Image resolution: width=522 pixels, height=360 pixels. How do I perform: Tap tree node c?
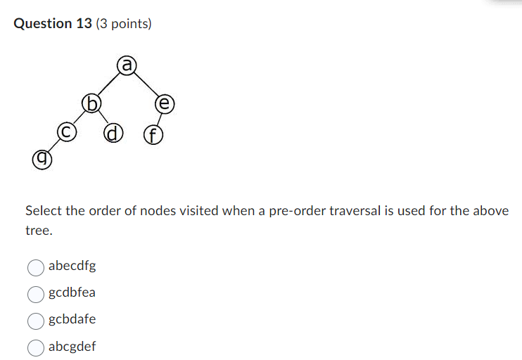[x=66, y=131]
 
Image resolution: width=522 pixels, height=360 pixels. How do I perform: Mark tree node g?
[x=42, y=160]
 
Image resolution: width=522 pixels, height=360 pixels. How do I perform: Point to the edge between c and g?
[x=53, y=146]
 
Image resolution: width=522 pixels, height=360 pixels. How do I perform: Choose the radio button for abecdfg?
[x=36, y=266]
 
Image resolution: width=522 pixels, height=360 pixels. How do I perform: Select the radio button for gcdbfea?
[x=36, y=293]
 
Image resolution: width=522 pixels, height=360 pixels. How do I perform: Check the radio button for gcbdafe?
[x=36, y=320]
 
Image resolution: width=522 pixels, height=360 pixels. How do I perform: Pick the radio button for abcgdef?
[x=36, y=347]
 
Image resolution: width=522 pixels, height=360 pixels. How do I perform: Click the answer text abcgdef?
[x=72, y=347]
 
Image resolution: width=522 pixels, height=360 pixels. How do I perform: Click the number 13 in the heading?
[x=84, y=24]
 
